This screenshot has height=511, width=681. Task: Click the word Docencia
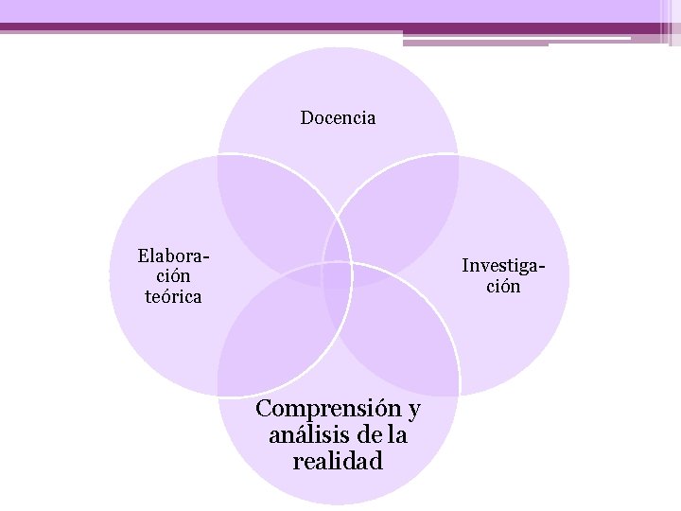click(338, 118)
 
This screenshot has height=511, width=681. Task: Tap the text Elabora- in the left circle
click(173, 256)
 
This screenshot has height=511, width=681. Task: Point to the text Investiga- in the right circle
click(503, 265)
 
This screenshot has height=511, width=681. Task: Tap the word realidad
click(338, 462)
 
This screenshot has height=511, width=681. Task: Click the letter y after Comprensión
click(413, 411)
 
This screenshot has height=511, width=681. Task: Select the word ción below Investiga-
click(503, 286)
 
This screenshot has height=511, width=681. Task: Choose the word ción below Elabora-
click(171, 276)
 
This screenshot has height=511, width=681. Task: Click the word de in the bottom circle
click(371, 435)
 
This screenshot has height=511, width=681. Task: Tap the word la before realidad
click(397, 435)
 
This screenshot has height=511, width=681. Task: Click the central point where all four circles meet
click(338, 275)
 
